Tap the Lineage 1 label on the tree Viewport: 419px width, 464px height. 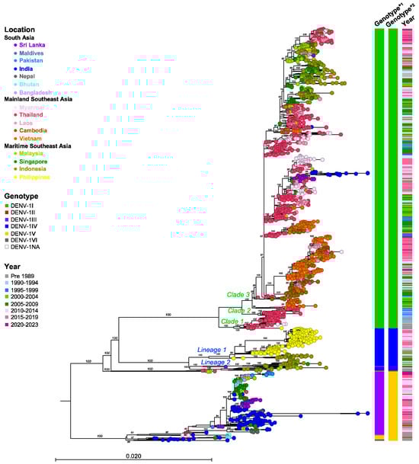point(211,350)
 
